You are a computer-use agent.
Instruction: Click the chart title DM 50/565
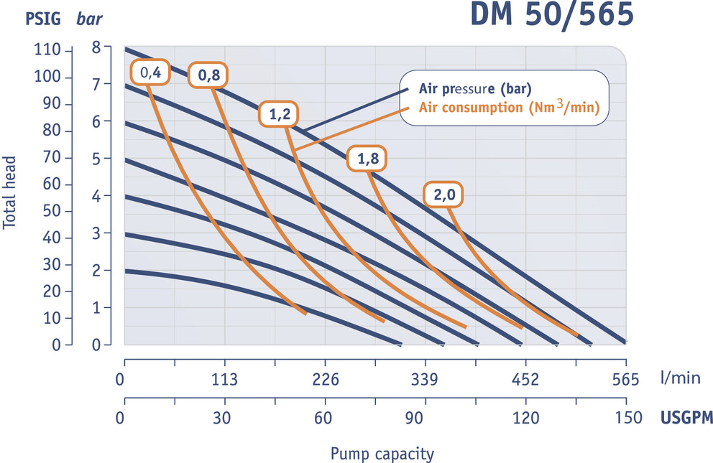pyautogui.click(x=552, y=16)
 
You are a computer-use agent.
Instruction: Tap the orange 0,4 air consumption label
pyautogui.click(x=149, y=72)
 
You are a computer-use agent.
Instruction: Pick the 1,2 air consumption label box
pyautogui.click(x=277, y=114)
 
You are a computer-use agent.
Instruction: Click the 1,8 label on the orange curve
pyautogui.click(x=364, y=159)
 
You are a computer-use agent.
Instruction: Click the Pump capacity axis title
pyautogui.click(x=382, y=454)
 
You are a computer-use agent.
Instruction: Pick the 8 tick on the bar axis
pyautogui.click(x=97, y=47)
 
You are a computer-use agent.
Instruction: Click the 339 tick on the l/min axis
pyautogui.click(x=425, y=380)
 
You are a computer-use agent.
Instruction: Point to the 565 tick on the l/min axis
pyautogui.click(x=625, y=380)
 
